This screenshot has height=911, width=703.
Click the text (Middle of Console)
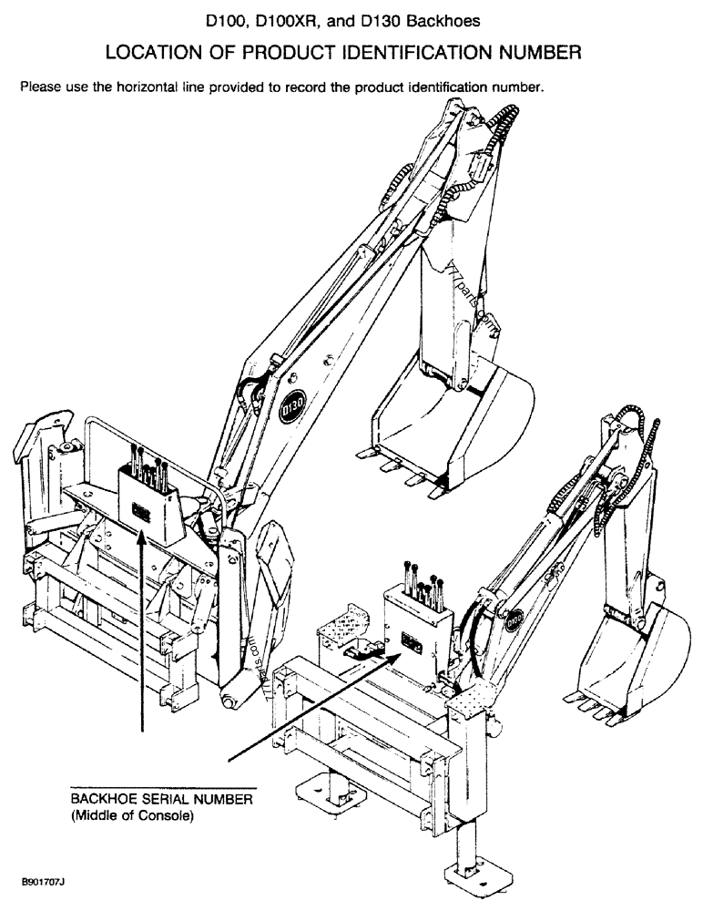click(132, 815)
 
